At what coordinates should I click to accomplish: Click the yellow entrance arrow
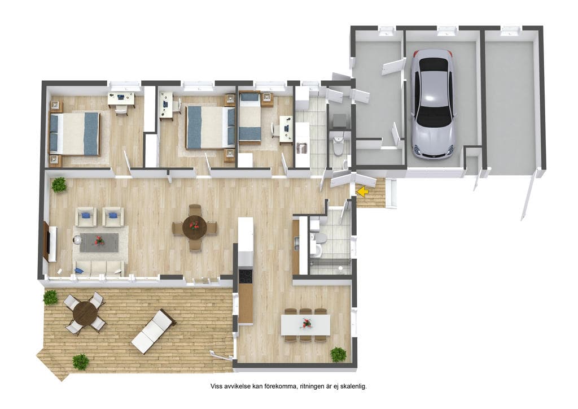(364, 192)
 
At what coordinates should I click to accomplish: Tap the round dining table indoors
(195, 228)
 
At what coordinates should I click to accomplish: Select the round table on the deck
(85, 313)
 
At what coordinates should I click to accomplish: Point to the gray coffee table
(99, 242)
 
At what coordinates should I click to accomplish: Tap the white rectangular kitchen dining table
(305, 324)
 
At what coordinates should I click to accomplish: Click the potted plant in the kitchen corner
(338, 354)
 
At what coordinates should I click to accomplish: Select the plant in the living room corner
(59, 185)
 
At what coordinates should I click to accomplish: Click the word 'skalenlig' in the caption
(353, 386)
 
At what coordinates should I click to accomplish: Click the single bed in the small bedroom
(250, 117)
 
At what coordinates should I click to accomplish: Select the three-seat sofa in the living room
(99, 268)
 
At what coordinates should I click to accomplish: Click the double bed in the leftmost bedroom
(75, 133)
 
